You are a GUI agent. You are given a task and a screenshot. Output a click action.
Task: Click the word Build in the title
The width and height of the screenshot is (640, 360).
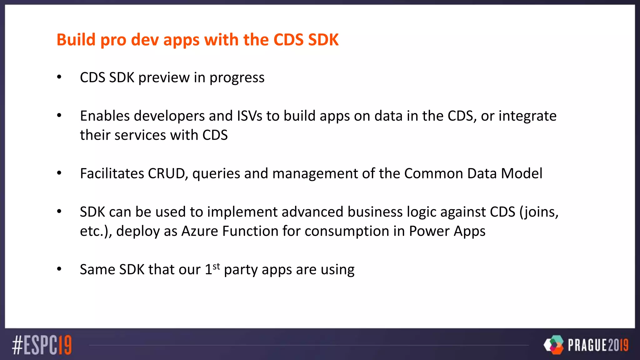76,40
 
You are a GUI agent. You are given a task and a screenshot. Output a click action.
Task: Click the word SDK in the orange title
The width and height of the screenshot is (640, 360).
323,40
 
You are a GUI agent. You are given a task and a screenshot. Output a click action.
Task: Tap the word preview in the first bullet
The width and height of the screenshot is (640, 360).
164,78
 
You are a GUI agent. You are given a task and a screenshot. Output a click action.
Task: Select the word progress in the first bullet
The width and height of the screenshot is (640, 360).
237,78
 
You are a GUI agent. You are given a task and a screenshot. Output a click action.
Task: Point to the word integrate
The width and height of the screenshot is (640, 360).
527,116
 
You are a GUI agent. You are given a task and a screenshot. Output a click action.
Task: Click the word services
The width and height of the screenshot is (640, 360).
140,135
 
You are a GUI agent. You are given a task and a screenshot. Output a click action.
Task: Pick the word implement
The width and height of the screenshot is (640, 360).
242,212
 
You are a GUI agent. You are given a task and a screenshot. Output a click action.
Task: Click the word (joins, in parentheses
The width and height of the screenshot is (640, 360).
539,212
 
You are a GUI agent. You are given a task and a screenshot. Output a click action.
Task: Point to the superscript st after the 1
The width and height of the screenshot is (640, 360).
216,267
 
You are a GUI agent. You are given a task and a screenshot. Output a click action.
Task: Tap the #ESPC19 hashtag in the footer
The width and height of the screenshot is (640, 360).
42,345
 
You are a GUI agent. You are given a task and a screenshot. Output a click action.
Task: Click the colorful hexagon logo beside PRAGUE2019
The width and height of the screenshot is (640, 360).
554,345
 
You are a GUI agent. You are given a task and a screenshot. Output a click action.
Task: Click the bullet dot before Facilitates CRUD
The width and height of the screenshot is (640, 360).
59,173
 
